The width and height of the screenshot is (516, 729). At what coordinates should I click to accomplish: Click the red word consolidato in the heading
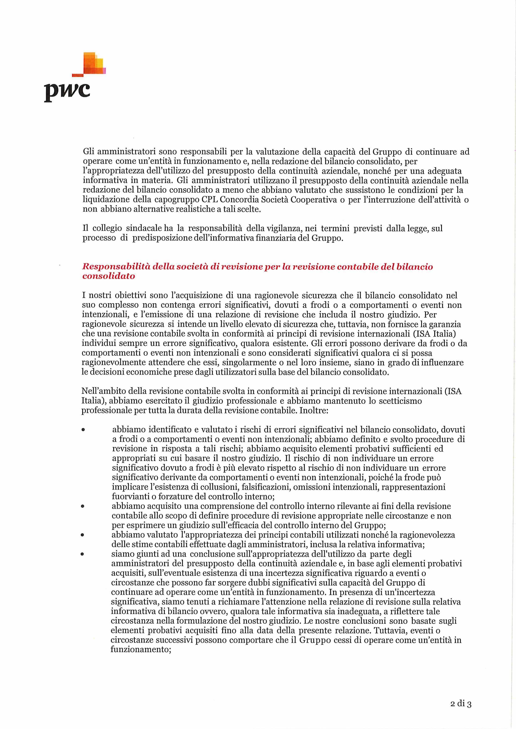[x=108, y=276]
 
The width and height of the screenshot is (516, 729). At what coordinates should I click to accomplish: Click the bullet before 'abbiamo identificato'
[x=83, y=430]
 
